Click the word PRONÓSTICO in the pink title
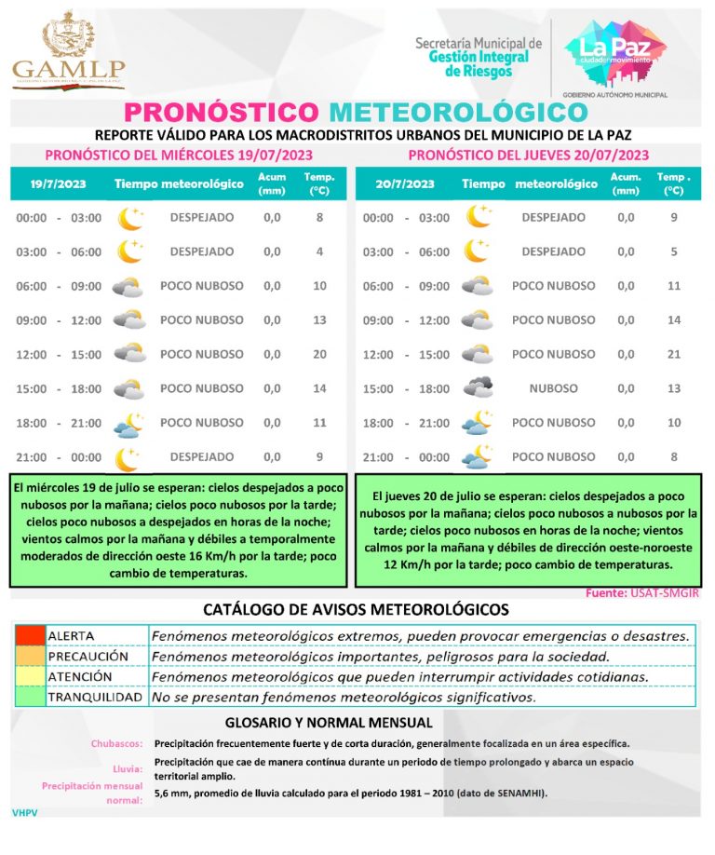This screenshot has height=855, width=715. point(223,112)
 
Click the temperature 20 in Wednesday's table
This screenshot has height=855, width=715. point(319,354)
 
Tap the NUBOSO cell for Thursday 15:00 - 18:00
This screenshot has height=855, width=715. point(553,388)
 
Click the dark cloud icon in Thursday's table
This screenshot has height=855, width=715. point(479,387)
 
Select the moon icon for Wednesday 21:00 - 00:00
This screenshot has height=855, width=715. point(128,457)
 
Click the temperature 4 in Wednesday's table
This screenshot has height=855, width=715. point(319,251)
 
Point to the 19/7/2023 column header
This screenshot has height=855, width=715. point(58,183)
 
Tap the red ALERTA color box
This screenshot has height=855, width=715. point(29,635)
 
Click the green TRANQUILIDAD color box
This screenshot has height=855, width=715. point(29,697)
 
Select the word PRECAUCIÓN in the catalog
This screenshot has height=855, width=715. point(88,656)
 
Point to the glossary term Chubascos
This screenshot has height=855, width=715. point(116,744)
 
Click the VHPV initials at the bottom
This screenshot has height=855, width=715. point(25,813)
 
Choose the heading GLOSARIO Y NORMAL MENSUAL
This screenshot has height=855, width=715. point(329,723)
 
